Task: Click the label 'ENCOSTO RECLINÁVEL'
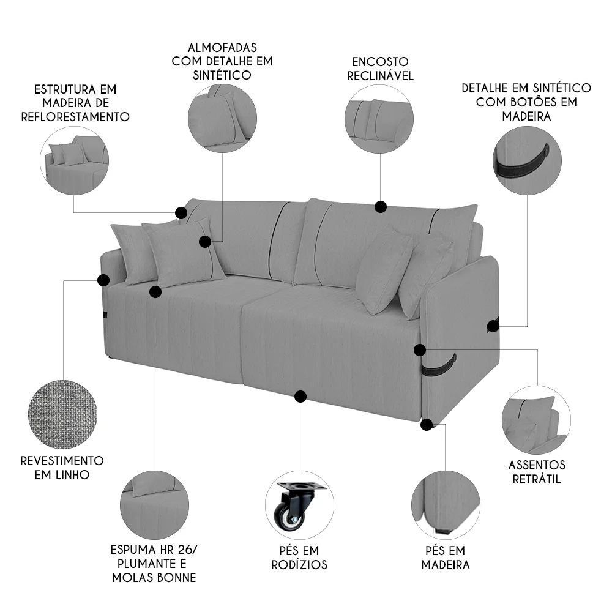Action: [380, 69]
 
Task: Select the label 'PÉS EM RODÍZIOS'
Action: [299, 558]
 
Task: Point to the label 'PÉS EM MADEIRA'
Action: [445, 558]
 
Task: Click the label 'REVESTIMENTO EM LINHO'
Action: [62, 467]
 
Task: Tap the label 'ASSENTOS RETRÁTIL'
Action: [537, 472]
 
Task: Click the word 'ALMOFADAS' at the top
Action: [222, 48]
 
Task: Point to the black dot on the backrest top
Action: [381, 207]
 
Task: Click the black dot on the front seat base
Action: [300, 397]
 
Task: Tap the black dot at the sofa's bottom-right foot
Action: [427, 424]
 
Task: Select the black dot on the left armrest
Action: [103, 280]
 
